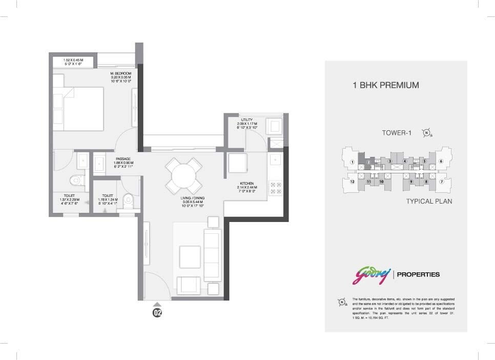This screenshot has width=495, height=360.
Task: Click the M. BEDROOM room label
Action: pyautogui.click(x=120, y=73)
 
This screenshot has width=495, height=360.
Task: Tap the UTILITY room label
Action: pyautogui.click(x=244, y=121)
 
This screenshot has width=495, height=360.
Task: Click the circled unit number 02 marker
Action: pyautogui.click(x=157, y=312)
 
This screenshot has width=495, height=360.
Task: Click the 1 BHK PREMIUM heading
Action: pyautogui.click(x=385, y=85)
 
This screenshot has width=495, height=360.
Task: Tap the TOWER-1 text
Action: pyautogui.click(x=397, y=133)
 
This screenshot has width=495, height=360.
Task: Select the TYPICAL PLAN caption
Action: pyautogui.click(x=429, y=202)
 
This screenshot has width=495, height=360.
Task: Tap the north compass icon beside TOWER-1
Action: pyautogui.click(x=426, y=133)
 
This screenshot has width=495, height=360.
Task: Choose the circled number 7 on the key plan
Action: pyautogui.click(x=441, y=182)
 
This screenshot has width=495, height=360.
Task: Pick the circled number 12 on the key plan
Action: pyautogui.click(x=352, y=182)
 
